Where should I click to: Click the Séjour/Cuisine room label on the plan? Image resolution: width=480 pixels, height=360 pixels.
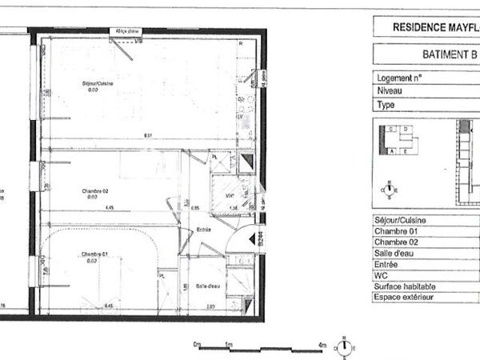(x=95, y=84)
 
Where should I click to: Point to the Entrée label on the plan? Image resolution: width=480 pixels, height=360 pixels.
(x=204, y=230)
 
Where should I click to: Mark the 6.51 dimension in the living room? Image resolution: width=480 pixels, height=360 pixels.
(x=148, y=135)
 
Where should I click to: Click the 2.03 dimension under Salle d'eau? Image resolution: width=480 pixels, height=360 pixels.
(x=210, y=306)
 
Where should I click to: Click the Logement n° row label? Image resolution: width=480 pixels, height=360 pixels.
(x=399, y=78)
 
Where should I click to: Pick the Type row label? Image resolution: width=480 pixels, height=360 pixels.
(x=385, y=104)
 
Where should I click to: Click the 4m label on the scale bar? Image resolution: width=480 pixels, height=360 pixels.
(x=323, y=344)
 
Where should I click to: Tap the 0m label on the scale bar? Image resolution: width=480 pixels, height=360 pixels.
(x=197, y=344)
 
